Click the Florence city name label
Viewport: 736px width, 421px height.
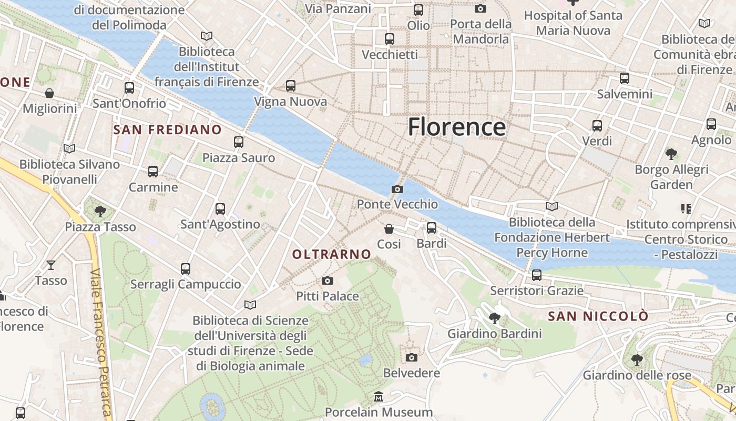[457, 127]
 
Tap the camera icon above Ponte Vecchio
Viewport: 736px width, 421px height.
[397, 189]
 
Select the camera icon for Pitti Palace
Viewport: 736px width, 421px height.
[328, 280]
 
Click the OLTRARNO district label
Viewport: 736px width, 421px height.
[332, 254]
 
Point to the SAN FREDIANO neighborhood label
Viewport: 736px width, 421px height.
[168, 129]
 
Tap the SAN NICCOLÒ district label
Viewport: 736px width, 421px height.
[598, 316]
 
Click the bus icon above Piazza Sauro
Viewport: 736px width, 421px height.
[239, 142]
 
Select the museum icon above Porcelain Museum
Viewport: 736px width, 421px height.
[379, 396]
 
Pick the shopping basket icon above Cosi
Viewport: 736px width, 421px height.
[389, 228]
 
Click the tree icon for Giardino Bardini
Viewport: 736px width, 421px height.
[494, 318]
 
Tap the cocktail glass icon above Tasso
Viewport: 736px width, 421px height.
[51, 265]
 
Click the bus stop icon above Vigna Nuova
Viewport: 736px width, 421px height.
[290, 85]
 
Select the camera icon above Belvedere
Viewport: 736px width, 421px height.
[412, 357]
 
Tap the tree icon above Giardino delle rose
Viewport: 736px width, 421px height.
[637, 360]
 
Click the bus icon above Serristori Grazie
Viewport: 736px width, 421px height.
[537, 275]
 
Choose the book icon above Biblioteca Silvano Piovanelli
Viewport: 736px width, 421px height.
[69, 148]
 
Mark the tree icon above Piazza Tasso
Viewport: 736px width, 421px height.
[100, 212]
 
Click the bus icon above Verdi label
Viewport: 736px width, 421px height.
[597, 125]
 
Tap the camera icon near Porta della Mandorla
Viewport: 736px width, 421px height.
[480, 8]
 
